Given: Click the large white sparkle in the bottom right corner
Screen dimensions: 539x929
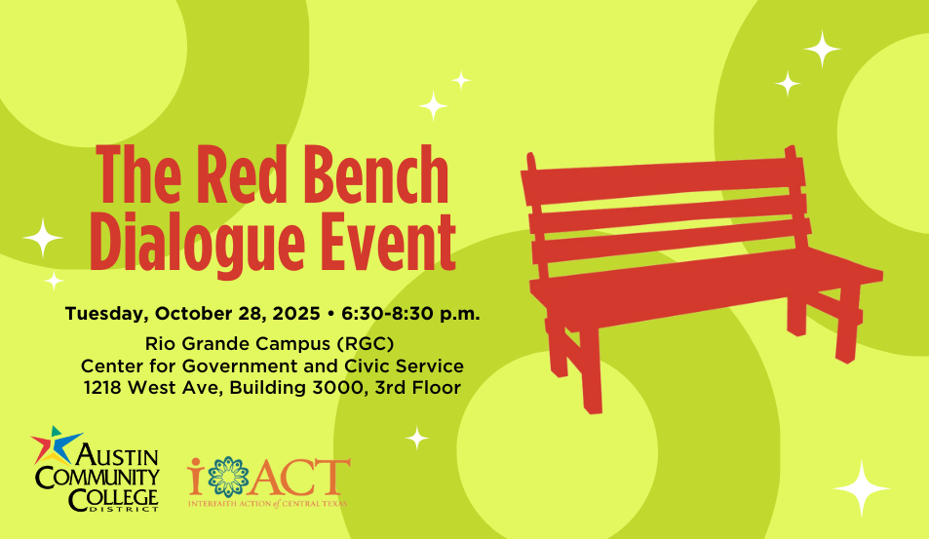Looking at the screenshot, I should [862, 487].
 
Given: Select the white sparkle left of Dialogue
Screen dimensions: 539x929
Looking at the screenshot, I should [43, 238].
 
